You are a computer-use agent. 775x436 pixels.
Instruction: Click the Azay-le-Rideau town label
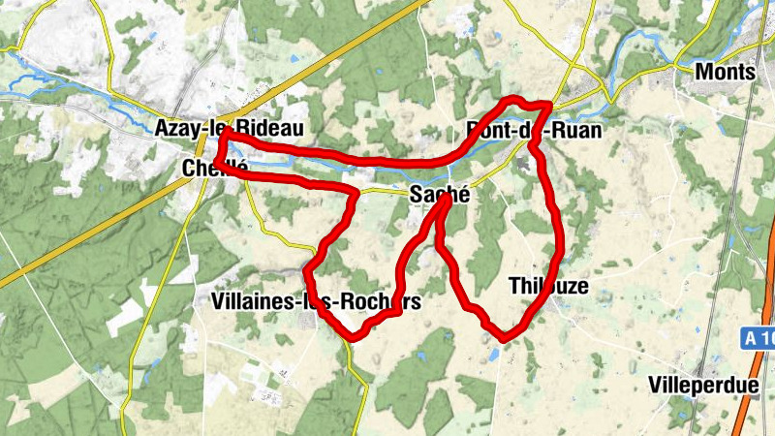pyautogui.click(x=229, y=128)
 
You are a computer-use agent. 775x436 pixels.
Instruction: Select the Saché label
pyautogui.click(x=440, y=194)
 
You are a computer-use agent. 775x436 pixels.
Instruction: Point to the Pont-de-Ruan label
pyautogui.click(x=534, y=129)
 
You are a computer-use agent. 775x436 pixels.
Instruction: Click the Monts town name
pyautogui.click(x=726, y=71)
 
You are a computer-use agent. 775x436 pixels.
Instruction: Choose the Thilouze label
pyautogui.click(x=548, y=285)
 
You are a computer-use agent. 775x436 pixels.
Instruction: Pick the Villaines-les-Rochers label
pyautogui.click(x=316, y=302)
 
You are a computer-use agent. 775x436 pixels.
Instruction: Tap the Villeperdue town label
pyautogui.click(x=704, y=385)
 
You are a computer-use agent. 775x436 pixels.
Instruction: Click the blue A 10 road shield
pyautogui.click(x=760, y=338)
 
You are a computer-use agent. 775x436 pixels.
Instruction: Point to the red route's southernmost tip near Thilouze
pyautogui.click(x=503, y=337)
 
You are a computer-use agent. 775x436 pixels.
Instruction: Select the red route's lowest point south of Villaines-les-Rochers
pyautogui.click(x=355, y=337)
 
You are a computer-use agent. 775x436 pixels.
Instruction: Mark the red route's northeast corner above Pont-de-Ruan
pyautogui.click(x=550, y=104)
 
